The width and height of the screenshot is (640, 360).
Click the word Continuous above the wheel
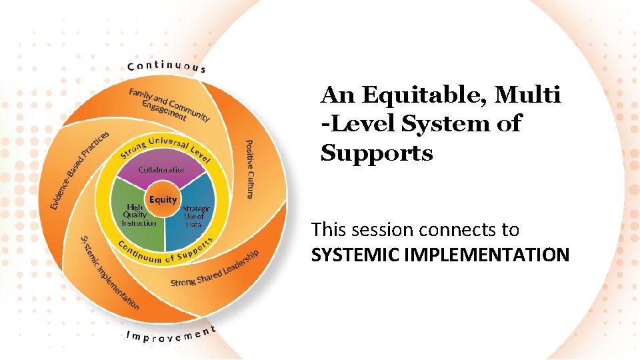[x=166, y=66]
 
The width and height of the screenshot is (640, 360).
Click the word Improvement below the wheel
[x=171, y=333]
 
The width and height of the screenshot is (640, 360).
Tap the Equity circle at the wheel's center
[x=163, y=199]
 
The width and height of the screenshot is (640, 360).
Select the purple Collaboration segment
[x=162, y=172]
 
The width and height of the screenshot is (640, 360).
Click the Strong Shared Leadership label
[x=215, y=268]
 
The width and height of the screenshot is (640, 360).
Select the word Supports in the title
[x=377, y=153]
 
